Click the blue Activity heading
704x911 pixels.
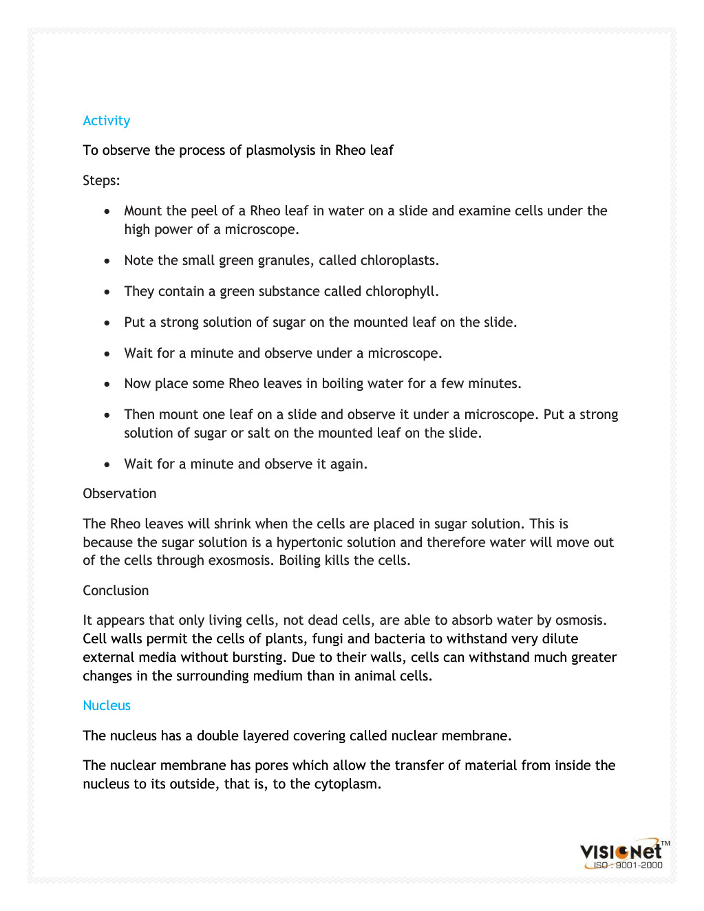[x=106, y=120]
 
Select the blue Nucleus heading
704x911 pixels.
[x=107, y=705]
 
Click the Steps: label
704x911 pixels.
[x=101, y=180]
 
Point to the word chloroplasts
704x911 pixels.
[x=403, y=260]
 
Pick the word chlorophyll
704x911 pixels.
[x=401, y=292]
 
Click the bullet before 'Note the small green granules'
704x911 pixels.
[x=107, y=261]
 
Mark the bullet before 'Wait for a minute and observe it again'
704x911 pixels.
[x=107, y=465]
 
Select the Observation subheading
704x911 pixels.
[x=120, y=493]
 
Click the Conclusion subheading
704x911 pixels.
[x=116, y=590]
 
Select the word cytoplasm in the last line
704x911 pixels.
[x=347, y=784]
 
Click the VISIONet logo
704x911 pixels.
[x=621, y=851]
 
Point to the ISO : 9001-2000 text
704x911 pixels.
[x=628, y=866]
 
